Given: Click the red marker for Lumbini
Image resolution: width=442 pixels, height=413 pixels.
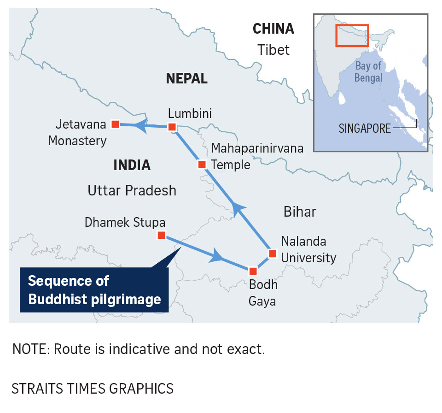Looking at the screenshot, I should [172, 127].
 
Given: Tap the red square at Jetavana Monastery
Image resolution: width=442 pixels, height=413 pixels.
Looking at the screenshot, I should [115, 124].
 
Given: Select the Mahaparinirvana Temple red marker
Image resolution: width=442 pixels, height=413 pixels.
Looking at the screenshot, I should [201, 164].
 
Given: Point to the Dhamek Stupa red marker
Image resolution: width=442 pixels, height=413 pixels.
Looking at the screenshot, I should [161, 235].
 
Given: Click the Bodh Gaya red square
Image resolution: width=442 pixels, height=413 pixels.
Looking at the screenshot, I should [252, 271].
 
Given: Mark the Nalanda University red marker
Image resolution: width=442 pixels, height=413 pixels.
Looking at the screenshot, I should [272, 254].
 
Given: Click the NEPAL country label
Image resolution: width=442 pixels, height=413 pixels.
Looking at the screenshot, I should [186, 79].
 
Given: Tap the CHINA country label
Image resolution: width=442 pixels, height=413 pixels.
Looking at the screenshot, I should [273, 29].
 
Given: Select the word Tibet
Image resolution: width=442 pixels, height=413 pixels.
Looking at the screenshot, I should [273, 49].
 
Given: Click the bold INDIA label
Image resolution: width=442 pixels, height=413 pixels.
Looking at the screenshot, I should [132, 165].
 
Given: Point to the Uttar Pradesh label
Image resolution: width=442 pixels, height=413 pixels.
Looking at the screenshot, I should [132, 190].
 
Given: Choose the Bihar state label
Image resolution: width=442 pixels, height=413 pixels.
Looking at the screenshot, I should [300, 212].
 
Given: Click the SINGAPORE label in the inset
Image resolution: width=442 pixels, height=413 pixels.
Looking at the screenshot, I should [364, 128].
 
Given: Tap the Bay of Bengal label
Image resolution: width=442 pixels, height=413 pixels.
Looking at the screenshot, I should [368, 72].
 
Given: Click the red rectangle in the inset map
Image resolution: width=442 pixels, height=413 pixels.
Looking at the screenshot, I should [352, 35].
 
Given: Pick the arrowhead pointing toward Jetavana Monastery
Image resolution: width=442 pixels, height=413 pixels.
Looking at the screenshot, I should [142, 125].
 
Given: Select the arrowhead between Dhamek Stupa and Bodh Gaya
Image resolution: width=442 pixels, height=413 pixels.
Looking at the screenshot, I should [216, 256].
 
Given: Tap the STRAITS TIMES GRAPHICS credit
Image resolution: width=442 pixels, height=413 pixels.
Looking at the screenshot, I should [93, 388].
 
